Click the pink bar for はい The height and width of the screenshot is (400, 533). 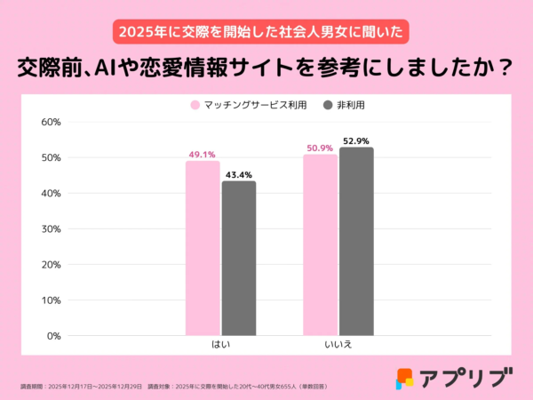pyautogui.click(x=203, y=248)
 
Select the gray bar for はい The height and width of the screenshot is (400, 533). pyautogui.click(x=239, y=258)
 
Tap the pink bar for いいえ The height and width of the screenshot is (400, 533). pyautogui.click(x=320, y=244)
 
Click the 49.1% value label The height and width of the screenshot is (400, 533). pyautogui.click(x=202, y=154)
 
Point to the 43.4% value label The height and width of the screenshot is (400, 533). pyautogui.click(x=239, y=174)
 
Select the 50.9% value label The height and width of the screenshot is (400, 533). pyautogui.click(x=319, y=148)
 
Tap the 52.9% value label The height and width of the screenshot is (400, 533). pyautogui.click(x=356, y=140)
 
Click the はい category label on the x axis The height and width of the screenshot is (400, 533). pyautogui.click(x=220, y=344)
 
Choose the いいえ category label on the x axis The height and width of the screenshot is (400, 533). pyautogui.click(x=338, y=344)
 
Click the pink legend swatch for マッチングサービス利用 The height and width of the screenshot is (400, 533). pyautogui.click(x=195, y=105)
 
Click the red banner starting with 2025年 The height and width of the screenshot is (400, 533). pyautogui.click(x=266, y=32)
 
